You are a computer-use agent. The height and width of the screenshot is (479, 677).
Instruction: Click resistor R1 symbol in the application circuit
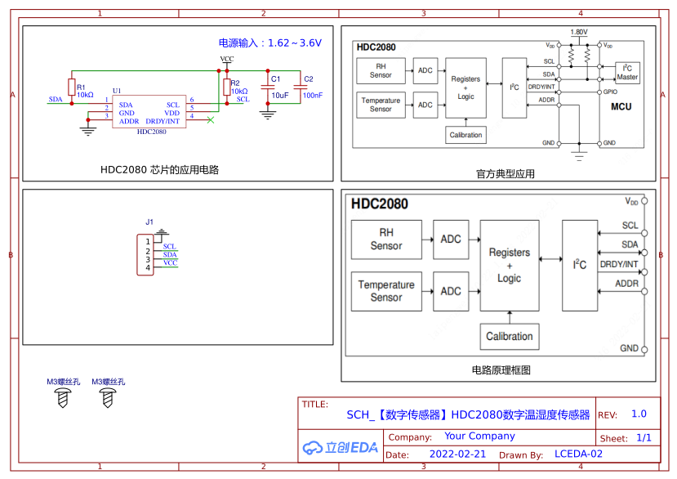[71, 87]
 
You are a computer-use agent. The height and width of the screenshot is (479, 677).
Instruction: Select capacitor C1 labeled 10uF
[267, 87]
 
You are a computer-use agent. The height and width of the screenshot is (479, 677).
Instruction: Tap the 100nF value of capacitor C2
[312, 95]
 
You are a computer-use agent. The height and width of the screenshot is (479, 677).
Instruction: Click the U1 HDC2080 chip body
[152, 114]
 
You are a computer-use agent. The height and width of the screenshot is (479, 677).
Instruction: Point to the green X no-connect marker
[212, 121]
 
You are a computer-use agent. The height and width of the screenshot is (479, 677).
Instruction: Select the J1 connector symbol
[145, 254]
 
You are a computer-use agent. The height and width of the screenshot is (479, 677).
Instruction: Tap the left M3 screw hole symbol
[63, 398]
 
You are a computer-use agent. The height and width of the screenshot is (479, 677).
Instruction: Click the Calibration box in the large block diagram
[509, 336]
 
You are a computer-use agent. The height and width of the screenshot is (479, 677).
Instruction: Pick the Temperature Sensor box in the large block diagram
[386, 291]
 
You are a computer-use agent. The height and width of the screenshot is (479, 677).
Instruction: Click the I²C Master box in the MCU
[627, 73]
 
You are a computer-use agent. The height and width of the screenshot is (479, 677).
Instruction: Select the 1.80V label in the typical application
[578, 32]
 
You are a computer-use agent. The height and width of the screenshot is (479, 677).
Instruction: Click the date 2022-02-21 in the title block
[457, 454]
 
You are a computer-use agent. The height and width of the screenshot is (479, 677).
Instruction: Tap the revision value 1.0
[639, 414]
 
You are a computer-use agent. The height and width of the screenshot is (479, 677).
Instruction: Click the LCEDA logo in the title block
[340, 447]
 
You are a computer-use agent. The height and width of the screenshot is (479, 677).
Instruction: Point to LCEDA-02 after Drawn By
[578, 454]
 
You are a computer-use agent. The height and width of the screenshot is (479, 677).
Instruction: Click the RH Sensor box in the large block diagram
[386, 239]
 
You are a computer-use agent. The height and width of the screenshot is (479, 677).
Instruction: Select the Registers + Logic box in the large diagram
[509, 265]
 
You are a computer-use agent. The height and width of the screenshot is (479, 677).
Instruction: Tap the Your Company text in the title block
[479, 436]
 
